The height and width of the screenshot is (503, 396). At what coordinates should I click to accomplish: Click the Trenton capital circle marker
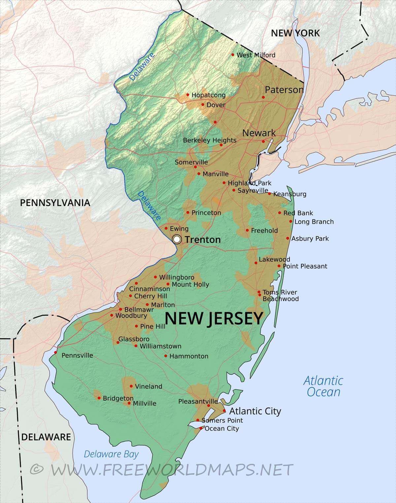click(177, 239)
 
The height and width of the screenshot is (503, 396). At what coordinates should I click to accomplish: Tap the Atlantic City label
click(255, 411)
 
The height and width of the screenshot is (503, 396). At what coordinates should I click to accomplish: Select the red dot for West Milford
click(233, 55)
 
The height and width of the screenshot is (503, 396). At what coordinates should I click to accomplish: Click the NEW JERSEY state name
click(214, 319)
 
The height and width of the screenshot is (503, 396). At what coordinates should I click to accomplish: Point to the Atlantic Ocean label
click(323, 386)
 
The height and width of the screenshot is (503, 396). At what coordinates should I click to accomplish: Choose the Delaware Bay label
click(111, 454)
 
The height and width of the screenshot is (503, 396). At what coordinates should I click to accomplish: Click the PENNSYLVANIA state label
click(55, 203)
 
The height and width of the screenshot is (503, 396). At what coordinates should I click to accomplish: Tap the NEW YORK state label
click(295, 33)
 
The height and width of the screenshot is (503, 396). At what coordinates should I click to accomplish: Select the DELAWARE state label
click(46, 437)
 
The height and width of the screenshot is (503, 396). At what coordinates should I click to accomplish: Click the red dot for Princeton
click(188, 213)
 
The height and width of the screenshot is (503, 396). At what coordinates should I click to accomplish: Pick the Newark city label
click(259, 133)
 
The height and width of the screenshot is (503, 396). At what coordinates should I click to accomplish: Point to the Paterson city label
click(284, 90)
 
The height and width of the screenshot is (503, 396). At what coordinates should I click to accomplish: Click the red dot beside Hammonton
click(166, 356)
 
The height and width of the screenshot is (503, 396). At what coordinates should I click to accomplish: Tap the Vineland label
click(148, 386)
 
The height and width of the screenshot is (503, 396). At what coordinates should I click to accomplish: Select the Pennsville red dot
click(55, 352)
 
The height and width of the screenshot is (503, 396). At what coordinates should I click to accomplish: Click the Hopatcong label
click(208, 95)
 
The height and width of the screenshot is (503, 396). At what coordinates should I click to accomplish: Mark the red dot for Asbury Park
click(288, 238)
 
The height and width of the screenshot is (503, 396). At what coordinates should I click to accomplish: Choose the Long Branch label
click(314, 222)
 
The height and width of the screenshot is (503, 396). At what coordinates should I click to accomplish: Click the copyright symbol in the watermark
click(37, 469)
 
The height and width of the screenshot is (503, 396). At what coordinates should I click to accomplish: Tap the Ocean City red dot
click(201, 428)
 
